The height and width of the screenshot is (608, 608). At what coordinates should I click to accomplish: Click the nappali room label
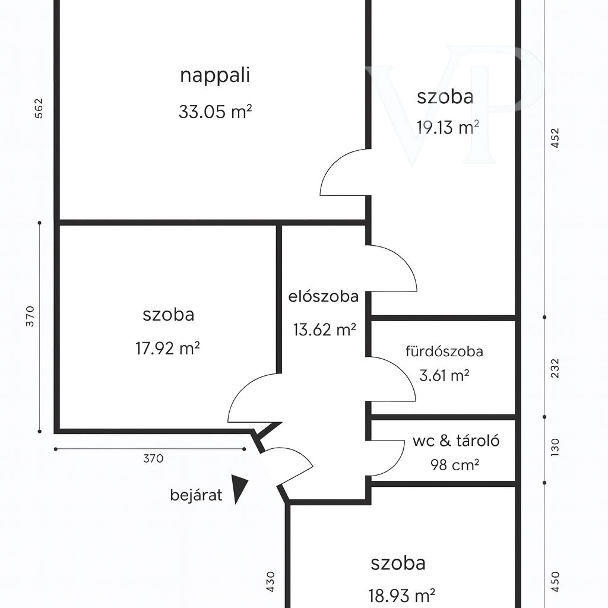coord(215,76)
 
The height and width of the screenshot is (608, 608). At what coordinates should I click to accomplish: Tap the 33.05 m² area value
coord(215,112)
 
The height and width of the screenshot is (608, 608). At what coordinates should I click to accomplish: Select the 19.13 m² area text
coord(448,127)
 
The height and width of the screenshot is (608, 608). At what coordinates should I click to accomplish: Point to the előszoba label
coord(324,296)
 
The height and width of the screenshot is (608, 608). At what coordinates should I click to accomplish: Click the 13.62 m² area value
coord(325,330)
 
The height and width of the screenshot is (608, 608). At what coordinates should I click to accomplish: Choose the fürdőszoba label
coord(444,351)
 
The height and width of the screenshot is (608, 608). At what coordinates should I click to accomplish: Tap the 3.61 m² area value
coord(444,375)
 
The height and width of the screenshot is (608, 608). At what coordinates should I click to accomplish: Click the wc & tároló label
coord(456,441)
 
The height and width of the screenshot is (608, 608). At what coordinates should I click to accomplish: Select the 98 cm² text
coord(455,464)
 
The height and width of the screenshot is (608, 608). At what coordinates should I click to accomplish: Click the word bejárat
coord(196,495)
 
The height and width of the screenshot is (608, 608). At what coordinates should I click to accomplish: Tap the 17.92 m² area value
coord(167,348)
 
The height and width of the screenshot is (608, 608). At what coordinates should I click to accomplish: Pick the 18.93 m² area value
coord(401,595)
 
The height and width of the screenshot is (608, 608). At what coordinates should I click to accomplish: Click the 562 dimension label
coord(39,108)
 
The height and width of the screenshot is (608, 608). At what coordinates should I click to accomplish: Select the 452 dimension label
coord(555,138)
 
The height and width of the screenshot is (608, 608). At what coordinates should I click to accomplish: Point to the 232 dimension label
coord(555,368)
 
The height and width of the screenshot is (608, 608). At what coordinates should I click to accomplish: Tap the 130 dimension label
coord(555,447)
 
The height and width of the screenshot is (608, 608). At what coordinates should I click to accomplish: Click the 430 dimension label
coord(271,582)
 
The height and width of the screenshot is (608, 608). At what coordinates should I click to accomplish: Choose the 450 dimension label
coord(555,582)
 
